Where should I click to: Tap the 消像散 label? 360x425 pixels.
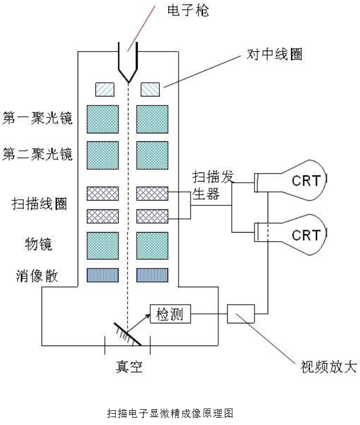(x=35, y=276)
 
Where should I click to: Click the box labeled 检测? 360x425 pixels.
(x=170, y=313)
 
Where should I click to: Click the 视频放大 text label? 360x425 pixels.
(x=320, y=367)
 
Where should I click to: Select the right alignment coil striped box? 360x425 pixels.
(x=150, y=89)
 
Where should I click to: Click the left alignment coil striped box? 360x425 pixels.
(x=104, y=89)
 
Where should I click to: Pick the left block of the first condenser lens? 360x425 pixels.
(x=103, y=119)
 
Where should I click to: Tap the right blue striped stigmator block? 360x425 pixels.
(x=153, y=275)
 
